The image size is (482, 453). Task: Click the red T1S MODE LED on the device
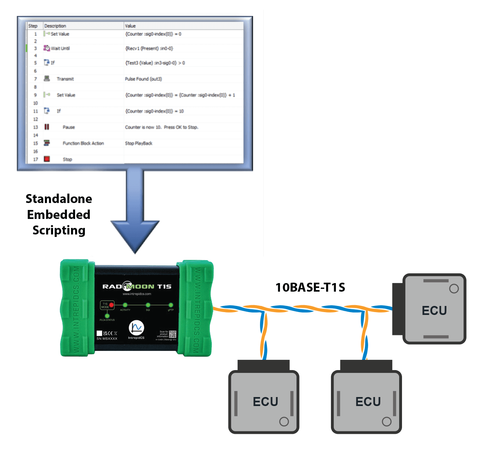point(111,305)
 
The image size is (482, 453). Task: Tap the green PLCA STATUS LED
point(107,315)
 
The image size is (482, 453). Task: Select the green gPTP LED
point(171,305)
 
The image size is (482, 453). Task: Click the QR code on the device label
point(173,334)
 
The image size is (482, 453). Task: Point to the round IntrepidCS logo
point(136,328)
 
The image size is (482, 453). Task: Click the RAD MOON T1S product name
point(137,286)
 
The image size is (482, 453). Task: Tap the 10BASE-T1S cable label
point(310,287)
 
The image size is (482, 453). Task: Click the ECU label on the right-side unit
point(434,310)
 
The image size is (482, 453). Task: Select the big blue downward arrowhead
point(135,237)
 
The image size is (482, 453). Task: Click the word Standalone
point(59,199)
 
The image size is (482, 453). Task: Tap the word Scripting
point(59,230)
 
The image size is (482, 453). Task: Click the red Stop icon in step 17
point(47,159)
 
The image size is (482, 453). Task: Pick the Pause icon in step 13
point(47,127)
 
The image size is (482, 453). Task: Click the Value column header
point(131,26)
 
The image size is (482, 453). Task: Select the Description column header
point(55,26)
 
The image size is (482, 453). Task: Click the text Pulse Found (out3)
point(143,79)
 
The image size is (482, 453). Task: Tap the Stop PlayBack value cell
point(139,143)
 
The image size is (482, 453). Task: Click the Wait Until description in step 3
point(60,48)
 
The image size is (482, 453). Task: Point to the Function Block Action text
point(83,143)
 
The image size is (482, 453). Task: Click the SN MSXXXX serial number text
point(107,339)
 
